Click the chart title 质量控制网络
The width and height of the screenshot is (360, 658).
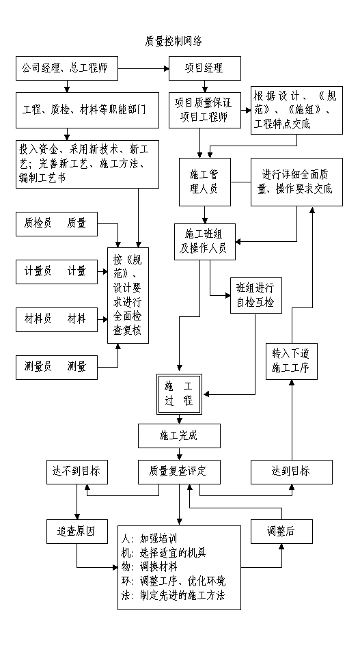coord(174,41)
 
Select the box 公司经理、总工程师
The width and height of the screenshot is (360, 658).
coord(67,68)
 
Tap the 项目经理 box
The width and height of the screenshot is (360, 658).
coord(205,68)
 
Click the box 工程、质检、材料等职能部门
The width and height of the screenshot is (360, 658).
coord(87,110)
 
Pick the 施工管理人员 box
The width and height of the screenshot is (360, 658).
coord(205,182)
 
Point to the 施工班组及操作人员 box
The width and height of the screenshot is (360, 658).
coord(205,242)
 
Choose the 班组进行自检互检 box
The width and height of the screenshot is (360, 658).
coord(256,295)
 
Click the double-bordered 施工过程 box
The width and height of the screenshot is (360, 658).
coord(179,394)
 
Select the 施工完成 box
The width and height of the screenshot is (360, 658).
coord(179,435)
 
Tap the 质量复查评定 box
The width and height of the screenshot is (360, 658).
coord(179,472)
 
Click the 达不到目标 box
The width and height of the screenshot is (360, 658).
coord(77,472)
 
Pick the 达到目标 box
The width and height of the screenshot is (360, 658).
coord(292,472)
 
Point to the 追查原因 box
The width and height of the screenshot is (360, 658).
coord(77,532)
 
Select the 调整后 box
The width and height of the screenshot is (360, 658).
coord(281,532)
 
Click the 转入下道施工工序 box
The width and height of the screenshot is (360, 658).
coord(292,361)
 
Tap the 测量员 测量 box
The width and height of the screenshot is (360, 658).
coord(57,368)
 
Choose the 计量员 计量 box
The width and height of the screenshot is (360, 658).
coord(57,272)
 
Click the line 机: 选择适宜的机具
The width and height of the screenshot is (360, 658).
coord(164,553)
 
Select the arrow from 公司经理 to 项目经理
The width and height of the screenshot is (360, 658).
coord(143,68)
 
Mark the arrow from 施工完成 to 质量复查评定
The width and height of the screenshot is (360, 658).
coord(180,454)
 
